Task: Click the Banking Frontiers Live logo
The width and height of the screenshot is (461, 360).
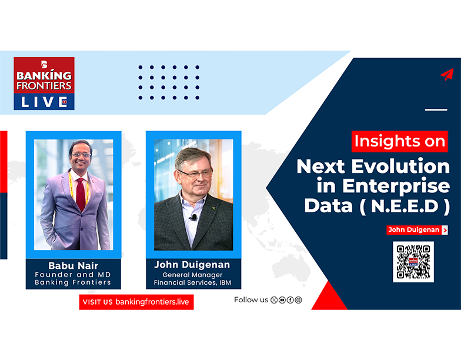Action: click(44, 83)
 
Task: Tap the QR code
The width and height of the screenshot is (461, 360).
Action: click(413, 261)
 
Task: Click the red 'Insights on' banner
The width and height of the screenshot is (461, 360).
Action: click(400, 142)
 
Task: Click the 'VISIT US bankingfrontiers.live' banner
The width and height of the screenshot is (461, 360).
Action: click(136, 302)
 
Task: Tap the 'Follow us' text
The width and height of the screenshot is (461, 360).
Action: click(251, 300)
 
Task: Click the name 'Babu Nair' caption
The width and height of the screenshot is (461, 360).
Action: click(73, 265)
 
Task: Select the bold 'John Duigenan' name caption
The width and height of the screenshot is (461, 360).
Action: click(192, 265)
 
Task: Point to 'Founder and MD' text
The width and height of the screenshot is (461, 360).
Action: click(73, 274)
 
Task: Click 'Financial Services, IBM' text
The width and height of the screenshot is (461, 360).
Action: click(192, 282)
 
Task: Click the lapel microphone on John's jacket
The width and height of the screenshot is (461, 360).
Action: click(193, 218)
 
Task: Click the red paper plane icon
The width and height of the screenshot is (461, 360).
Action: click(447, 75)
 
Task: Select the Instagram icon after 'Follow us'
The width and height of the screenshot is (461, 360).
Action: click(299, 300)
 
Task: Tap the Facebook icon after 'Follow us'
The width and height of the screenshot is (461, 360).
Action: click(290, 300)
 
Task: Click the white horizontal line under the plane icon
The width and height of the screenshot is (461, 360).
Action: click(436, 109)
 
